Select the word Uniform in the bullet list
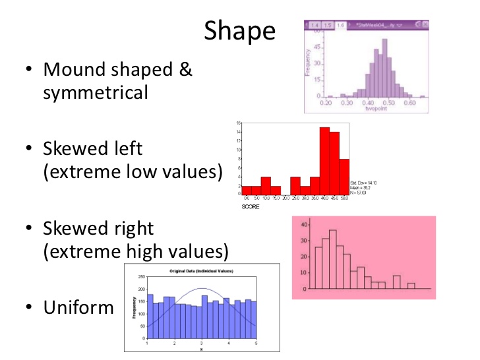point(78,307)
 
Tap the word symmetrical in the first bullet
point(96,93)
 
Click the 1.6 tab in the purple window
point(341,25)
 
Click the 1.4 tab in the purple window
point(315,25)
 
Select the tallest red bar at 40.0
point(324,158)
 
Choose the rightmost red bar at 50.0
point(344,175)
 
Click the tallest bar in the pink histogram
point(333,259)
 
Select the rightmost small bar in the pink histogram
point(411,285)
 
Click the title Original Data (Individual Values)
point(203,272)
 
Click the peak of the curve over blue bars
point(202,289)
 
